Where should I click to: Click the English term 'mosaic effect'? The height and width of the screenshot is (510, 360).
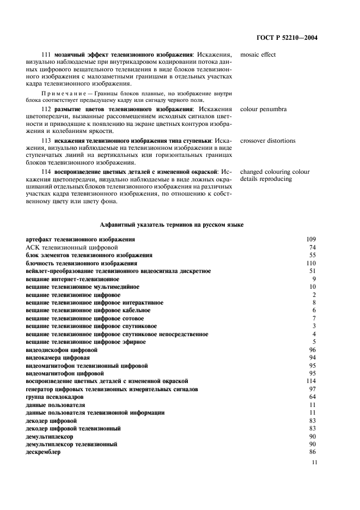[x=258, y=55]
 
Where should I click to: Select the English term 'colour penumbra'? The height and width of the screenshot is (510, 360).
[x=263, y=109]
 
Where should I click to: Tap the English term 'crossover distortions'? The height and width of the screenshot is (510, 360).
[x=267, y=141]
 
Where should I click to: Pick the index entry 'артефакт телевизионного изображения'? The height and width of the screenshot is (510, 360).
[x=81, y=239]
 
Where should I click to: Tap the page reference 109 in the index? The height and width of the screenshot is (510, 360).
[x=312, y=239]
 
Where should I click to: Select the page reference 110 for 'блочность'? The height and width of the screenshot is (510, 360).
[x=312, y=263]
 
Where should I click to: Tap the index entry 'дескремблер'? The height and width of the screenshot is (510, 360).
[x=42, y=452]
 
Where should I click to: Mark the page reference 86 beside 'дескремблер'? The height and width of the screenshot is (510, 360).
[x=313, y=452]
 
